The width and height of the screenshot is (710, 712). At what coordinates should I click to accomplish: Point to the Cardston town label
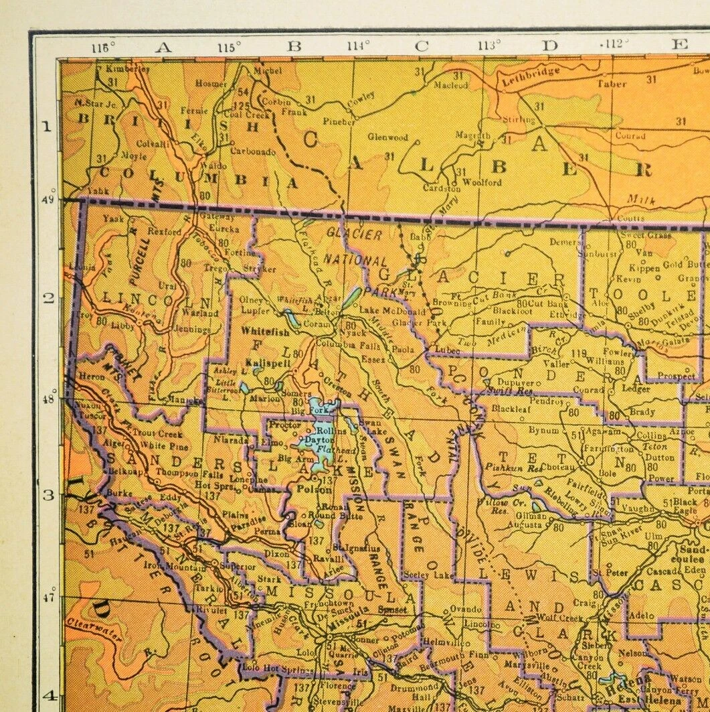pos(442,189)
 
